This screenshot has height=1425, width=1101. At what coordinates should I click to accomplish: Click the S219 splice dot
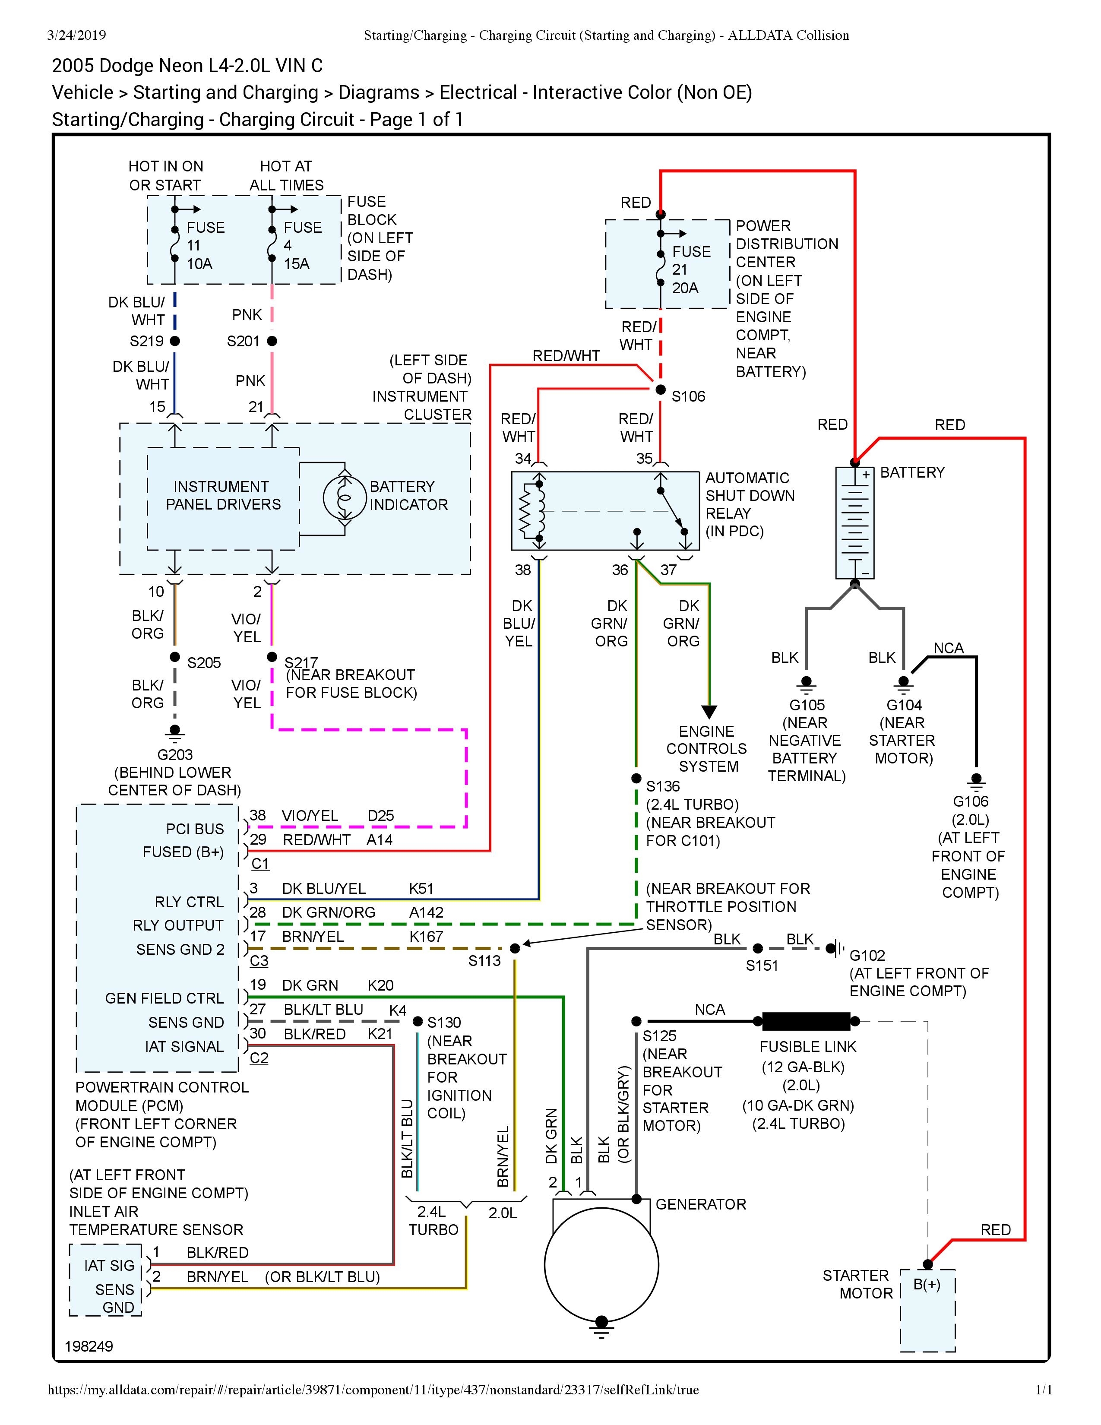pyautogui.click(x=175, y=341)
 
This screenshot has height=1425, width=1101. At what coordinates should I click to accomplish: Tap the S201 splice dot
pyautogui.click(x=272, y=341)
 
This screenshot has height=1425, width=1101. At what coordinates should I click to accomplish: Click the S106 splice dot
pyautogui.click(x=660, y=389)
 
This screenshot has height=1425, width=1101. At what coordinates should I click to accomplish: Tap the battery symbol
pyautogui.click(x=854, y=522)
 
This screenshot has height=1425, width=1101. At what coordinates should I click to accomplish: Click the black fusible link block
pyautogui.click(x=806, y=1021)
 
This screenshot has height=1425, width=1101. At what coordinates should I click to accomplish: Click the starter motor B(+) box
pyautogui.click(x=927, y=1309)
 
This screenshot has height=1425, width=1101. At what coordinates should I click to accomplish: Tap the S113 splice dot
pyautogui.click(x=515, y=948)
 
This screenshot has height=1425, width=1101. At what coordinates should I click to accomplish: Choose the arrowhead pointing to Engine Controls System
pyautogui.click(x=709, y=711)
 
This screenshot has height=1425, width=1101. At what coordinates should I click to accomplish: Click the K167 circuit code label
pyautogui.click(x=426, y=936)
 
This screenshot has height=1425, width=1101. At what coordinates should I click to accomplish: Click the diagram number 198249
pyautogui.click(x=89, y=1346)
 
